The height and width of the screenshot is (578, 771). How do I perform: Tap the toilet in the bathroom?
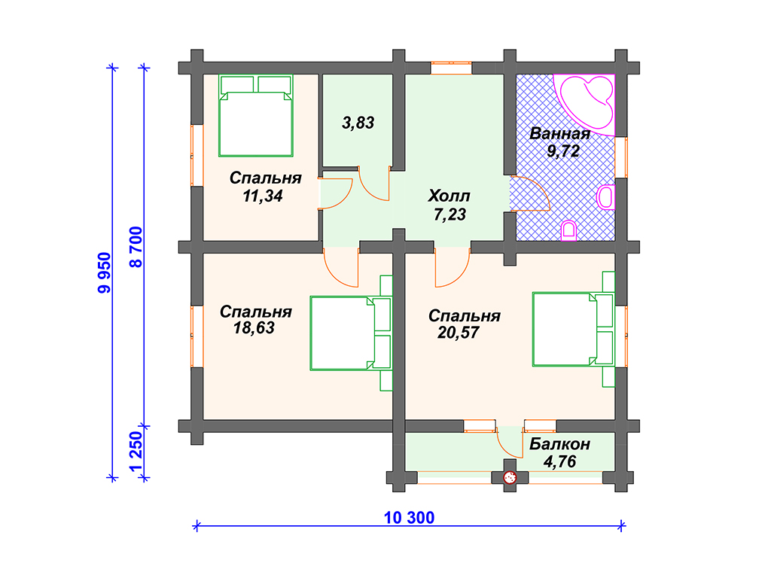(569, 231)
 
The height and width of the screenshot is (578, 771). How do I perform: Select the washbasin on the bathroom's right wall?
(606, 198)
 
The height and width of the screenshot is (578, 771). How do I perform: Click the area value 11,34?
(263, 196)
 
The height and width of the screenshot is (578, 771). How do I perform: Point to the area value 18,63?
(254, 328)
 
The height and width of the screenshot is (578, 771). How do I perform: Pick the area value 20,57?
(458, 333)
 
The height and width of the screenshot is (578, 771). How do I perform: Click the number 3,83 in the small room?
(358, 123)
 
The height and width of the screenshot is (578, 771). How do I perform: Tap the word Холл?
(449, 196)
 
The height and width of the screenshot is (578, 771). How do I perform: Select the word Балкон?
(559, 444)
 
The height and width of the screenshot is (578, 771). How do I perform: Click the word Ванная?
(559, 134)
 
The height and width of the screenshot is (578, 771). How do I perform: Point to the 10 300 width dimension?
(409, 518)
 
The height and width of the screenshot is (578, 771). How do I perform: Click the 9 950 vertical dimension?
(105, 272)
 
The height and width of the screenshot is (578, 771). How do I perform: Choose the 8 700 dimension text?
(136, 247)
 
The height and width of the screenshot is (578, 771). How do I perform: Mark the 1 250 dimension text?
(136, 452)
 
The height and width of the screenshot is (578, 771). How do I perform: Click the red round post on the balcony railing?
(510, 477)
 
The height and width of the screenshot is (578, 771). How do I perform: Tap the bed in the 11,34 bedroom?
(256, 115)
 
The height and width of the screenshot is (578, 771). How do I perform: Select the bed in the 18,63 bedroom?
(351, 333)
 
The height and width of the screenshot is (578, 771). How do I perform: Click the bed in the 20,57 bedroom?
(574, 330)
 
